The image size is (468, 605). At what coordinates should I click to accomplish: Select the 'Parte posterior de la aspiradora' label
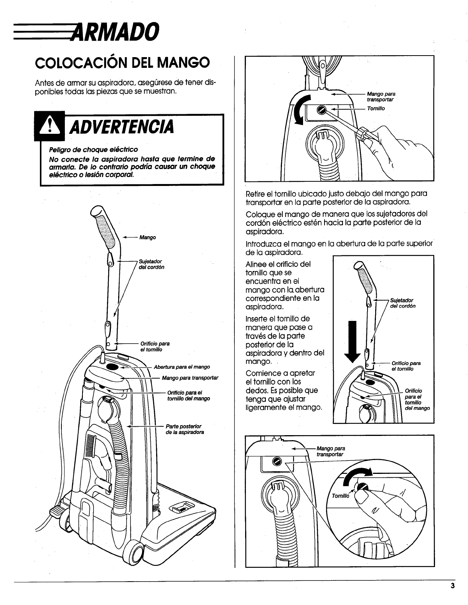[185, 429]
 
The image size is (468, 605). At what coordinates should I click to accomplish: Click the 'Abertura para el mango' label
[181, 367]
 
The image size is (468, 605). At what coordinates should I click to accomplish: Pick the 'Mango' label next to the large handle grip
[147, 237]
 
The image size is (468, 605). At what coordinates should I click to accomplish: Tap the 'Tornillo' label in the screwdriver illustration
[376, 109]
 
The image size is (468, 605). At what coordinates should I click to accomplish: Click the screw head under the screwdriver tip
[321, 110]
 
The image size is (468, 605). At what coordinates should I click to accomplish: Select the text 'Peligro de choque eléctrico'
[93, 149]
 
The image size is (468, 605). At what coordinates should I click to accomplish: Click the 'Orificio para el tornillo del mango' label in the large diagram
[188, 395]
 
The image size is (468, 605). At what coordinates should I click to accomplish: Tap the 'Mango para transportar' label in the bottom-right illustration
[331, 451]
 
